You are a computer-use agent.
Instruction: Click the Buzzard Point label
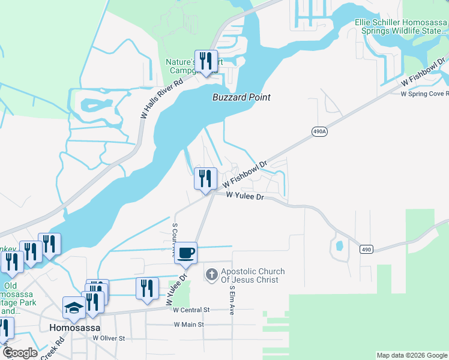241,97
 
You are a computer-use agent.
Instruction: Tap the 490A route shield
320,131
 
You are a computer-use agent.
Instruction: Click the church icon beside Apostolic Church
211,275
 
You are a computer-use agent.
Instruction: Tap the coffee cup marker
187,253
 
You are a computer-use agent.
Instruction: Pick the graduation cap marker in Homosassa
74,308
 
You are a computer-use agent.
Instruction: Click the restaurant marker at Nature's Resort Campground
206,61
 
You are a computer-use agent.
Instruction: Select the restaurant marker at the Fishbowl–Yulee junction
205,179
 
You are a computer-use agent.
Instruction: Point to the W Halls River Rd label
160,100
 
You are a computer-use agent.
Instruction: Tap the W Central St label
190,310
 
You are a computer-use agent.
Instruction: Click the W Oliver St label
108,338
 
